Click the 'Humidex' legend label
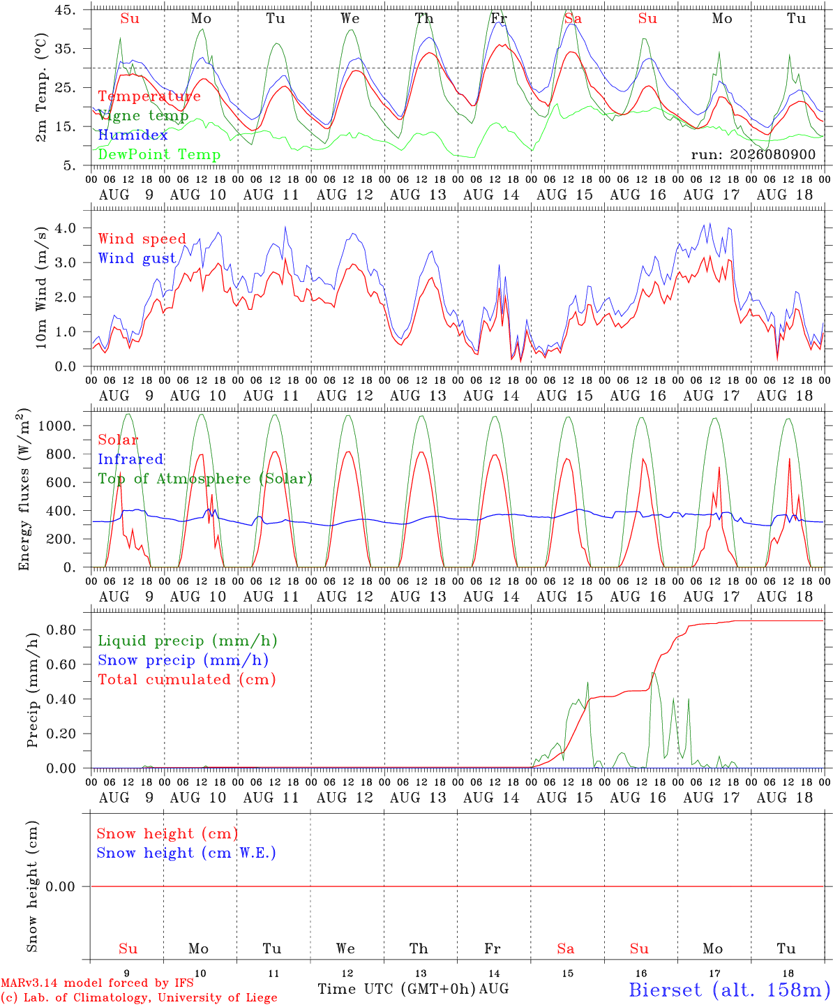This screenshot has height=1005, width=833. click(x=133, y=135)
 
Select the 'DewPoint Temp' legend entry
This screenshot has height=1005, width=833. click(x=159, y=154)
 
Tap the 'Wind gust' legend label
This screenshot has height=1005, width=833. click(x=137, y=258)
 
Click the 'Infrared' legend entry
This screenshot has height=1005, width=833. click(x=130, y=459)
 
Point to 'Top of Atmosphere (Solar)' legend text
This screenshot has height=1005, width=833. click(x=206, y=479)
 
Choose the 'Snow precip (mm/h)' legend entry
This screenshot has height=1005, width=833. click(x=183, y=660)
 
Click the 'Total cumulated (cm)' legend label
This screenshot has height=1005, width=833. click(x=187, y=679)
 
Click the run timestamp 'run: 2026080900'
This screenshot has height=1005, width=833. click(x=753, y=154)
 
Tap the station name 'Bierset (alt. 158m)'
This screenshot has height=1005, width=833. click(x=730, y=990)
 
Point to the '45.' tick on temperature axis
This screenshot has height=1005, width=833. click(x=65, y=10)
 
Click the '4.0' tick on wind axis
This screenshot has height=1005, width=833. click(x=66, y=228)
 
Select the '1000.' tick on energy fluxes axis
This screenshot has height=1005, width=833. click(x=57, y=426)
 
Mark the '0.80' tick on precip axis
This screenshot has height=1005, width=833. click(x=61, y=630)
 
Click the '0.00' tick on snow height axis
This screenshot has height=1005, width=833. click(x=60, y=886)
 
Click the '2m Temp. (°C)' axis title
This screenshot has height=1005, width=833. click(x=41, y=87)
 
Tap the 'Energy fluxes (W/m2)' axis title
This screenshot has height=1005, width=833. click(x=24, y=489)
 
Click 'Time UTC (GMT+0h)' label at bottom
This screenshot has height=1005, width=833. click(x=397, y=989)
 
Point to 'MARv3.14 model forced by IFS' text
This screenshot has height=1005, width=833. click(x=97, y=983)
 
